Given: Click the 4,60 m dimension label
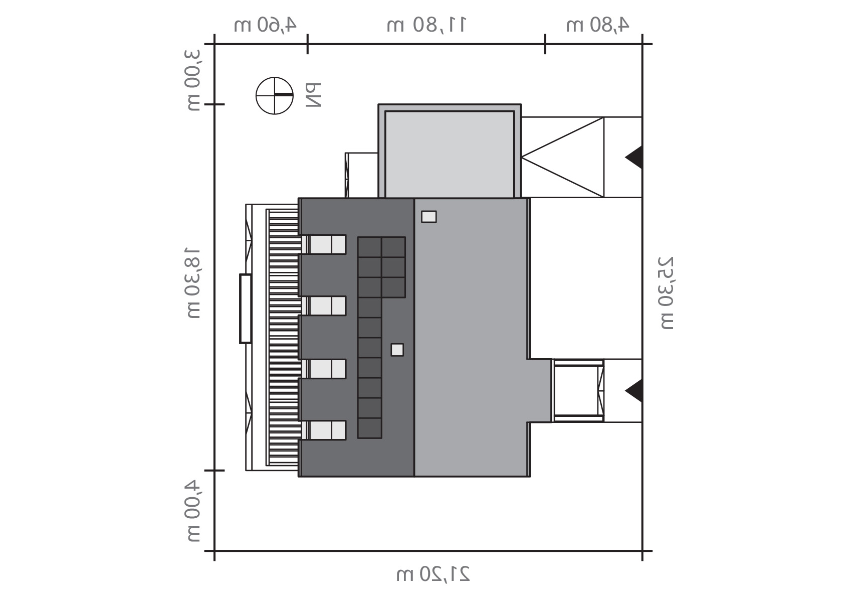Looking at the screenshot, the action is (x=265, y=25).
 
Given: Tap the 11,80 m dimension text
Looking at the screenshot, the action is (x=426, y=25).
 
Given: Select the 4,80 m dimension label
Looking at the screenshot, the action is (x=597, y=25).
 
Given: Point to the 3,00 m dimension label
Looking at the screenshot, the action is (x=194, y=80).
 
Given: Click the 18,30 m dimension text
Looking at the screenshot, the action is (x=194, y=283).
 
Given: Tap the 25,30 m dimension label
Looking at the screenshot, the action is (x=666, y=293).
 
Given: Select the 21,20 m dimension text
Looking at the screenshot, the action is (x=433, y=574).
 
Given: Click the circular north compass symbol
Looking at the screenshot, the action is (x=275, y=95).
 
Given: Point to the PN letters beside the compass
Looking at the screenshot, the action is (x=314, y=95).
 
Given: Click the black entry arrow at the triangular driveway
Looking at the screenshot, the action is (x=634, y=157).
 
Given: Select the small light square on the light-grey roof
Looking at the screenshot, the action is (x=428, y=217).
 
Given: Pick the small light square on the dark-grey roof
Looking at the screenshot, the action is (x=397, y=350).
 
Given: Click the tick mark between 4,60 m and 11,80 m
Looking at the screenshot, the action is (x=307, y=44).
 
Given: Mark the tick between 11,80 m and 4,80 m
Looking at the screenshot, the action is (x=545, y=44).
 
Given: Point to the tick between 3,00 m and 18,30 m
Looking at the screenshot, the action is (x=214, y=104).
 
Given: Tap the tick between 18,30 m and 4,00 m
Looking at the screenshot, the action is (x=214, y=471).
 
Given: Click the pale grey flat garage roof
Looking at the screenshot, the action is (x=450, y=155).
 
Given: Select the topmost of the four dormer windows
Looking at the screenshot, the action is (x=324, y=244).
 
